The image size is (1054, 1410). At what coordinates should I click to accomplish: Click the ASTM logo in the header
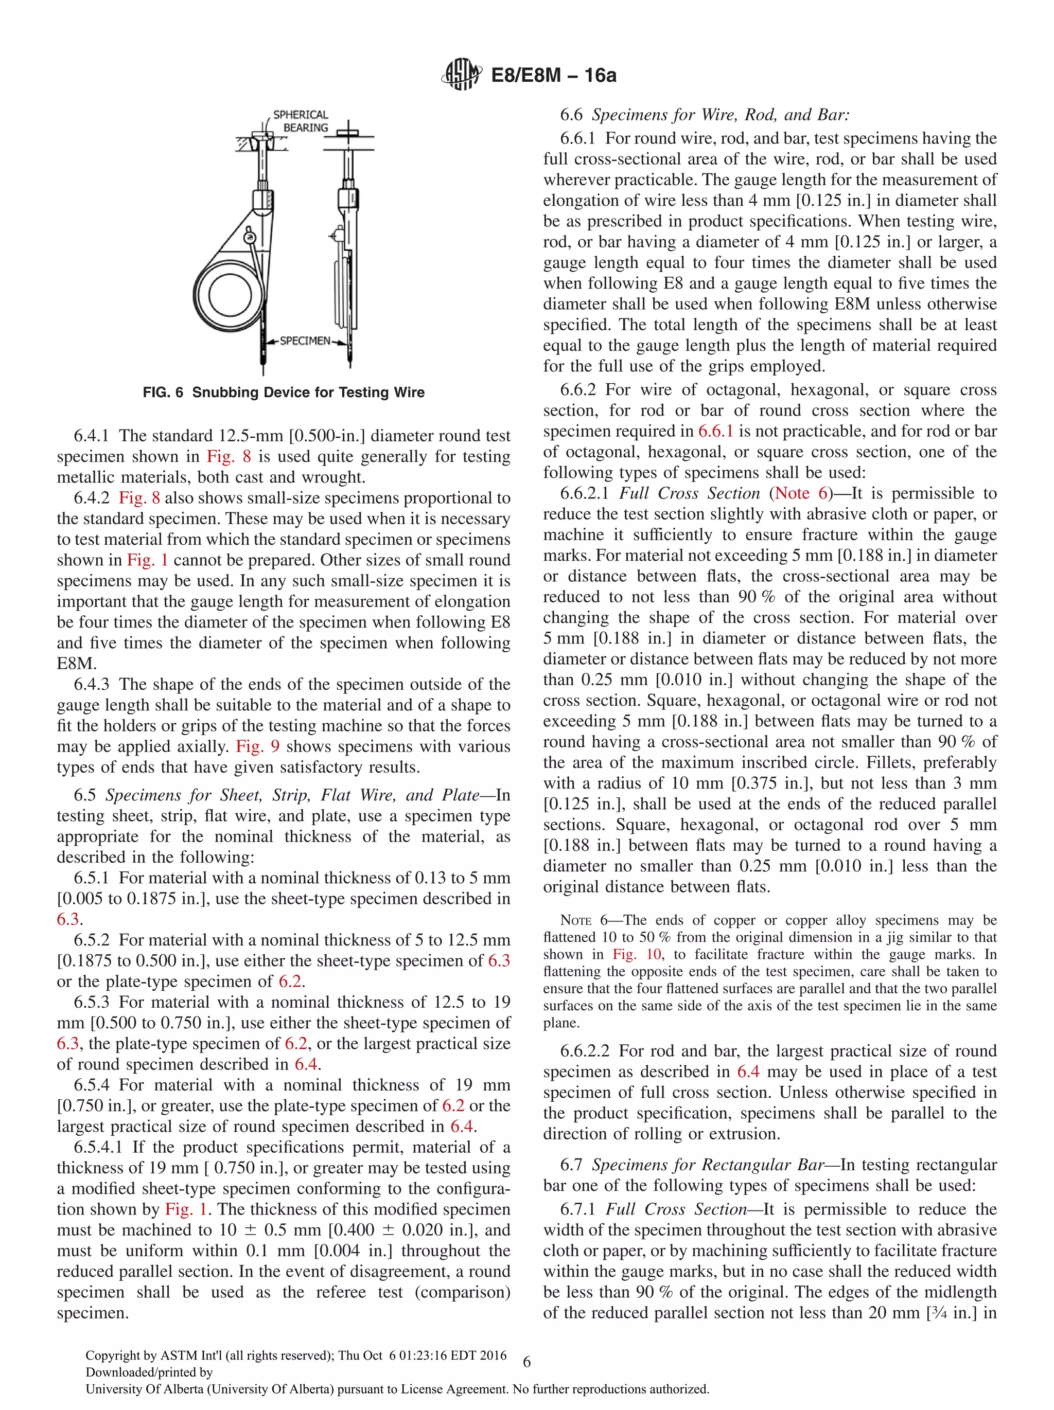(461, 75)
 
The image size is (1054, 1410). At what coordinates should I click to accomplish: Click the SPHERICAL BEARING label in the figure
(301, 121)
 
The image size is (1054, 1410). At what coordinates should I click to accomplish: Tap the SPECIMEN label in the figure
(305, 341)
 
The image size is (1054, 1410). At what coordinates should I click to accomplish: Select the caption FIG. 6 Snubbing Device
(283, 392)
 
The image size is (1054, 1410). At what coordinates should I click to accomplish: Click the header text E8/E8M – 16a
(553, 75)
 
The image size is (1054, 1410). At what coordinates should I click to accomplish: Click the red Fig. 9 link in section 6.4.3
(258, 746)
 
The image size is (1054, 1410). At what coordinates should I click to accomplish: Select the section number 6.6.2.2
(584, 1051)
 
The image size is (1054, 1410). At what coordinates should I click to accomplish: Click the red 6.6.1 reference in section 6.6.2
(715, 431)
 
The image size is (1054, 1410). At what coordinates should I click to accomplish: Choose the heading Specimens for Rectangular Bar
(708, 1165)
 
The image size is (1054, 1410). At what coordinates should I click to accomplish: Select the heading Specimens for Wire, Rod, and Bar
(721, 115)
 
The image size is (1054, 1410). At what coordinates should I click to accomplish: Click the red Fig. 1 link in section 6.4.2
(147, 560)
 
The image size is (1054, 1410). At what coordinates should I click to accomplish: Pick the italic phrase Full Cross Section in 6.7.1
(676, 1209)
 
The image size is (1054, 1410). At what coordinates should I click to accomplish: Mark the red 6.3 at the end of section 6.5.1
(68, 919)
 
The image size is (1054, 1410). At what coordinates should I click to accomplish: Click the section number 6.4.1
(91, 436)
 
